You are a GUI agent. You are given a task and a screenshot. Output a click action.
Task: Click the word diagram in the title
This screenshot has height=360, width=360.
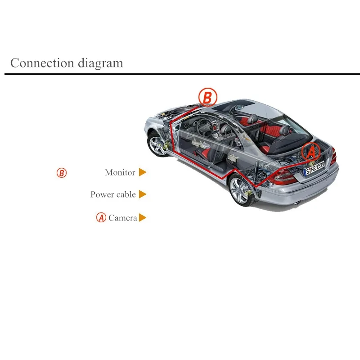(100, 63)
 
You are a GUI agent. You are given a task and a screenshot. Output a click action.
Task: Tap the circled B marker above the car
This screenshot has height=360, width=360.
(207, 97)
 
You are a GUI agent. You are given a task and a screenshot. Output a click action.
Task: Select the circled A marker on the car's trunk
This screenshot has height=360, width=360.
(311, 152)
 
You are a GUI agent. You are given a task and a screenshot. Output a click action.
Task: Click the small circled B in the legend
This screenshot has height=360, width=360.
(62, 173)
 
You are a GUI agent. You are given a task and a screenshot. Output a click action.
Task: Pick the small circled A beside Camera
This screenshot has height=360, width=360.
(101, 217)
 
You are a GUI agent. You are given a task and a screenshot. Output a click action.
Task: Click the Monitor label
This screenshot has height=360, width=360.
(120, 172)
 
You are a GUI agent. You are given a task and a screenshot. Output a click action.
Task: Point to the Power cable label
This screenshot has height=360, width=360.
(113, 194)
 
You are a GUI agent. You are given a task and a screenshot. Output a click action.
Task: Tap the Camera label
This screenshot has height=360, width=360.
(122, 218)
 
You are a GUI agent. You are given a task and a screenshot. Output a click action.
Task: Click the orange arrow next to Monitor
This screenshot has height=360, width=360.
(142, 172)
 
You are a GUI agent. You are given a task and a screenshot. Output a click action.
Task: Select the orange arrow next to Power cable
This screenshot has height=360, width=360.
(142, 194)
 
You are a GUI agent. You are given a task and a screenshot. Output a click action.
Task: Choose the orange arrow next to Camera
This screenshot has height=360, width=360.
(142, 218)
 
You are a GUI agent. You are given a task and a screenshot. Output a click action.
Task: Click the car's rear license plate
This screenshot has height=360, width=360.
(314, 168)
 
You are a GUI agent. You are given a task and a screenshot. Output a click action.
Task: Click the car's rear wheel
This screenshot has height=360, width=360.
(241, 190)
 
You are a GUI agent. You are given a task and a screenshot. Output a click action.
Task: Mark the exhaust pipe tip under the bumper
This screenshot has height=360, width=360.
(297, 203)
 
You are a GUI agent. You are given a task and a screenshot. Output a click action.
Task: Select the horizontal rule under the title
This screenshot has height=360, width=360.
(182, 74)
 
